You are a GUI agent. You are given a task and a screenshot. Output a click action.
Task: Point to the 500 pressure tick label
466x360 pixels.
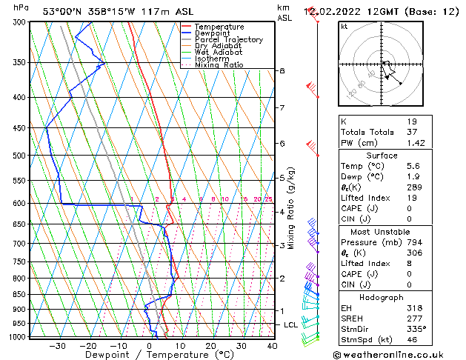pos(20,156)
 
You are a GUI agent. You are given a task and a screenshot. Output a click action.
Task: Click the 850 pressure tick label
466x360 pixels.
pos(20,295)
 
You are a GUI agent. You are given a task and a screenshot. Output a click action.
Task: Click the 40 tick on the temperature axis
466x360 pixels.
pos(272,345)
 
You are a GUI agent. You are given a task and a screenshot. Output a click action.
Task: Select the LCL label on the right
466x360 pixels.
pos(291,325)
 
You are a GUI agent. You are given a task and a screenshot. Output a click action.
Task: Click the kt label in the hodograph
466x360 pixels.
pos(344,26)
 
